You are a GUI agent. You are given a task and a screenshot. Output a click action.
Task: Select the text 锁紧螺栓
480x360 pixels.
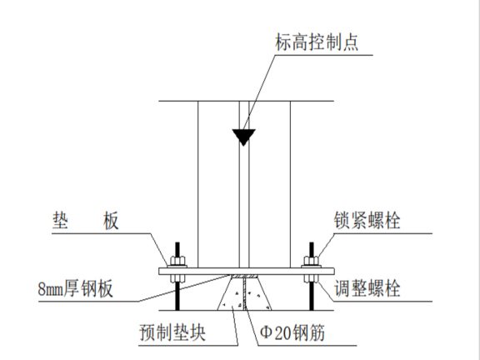(x=367, y=221)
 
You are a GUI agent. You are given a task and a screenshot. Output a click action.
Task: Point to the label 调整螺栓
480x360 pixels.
(x=367, y=290)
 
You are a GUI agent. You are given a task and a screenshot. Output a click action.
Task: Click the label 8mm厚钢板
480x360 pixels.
(x=76, y=289)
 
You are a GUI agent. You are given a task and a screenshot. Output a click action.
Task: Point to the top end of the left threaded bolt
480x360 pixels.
(x=177, y=245)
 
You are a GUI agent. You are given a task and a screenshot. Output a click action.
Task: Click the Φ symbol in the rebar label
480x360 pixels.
(x=267, y=335)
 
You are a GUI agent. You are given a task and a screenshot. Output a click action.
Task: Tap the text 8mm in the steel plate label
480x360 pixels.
(x=52, y=289)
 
